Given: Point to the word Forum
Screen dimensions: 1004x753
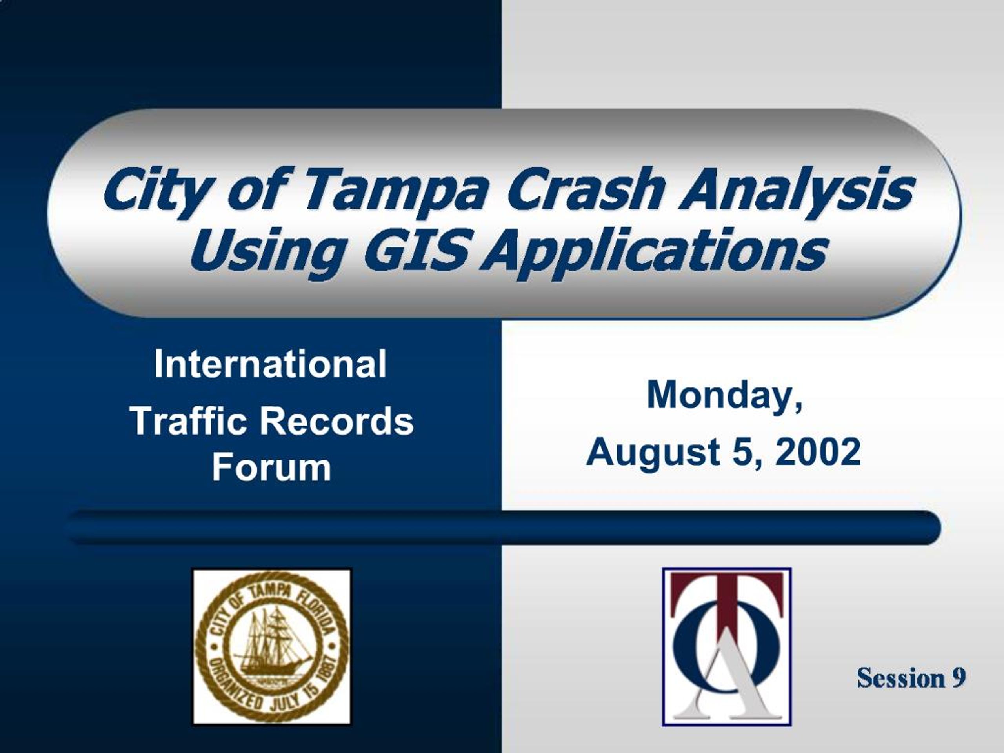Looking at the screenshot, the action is click(x=271, y=467).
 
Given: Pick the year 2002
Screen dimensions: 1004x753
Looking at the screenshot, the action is click(x=818, y=452).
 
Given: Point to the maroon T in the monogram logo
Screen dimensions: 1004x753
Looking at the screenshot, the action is click(x=727, y=604).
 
